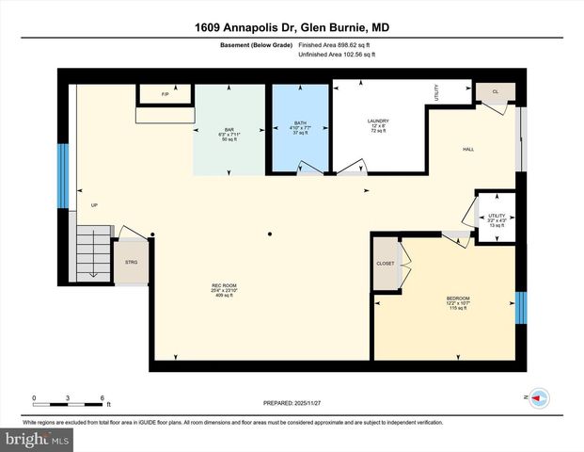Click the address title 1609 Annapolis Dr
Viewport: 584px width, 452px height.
click(x=292, y=27)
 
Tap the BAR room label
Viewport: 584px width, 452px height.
click(x=229, y=129)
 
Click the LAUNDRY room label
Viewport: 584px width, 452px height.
click(x=378, y=122)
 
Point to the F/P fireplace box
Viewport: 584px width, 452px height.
click(x=165, y=94)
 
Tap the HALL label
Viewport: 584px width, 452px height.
click(x=467, y=149)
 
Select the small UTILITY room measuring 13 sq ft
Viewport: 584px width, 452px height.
click(x=495, y=218)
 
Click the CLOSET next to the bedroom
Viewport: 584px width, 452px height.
click(x=386, y=264)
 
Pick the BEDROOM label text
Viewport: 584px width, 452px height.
click(x=458, y=299)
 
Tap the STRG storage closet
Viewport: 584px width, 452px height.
click(x=131, y=263)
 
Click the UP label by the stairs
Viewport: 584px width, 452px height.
click(x=93, y=205)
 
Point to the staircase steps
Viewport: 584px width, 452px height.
click(x=93, y=250)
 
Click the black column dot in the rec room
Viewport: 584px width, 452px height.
click(x=269, y=234)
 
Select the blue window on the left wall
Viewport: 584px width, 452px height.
click(x=63, y=176)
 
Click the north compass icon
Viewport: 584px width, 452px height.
click(x=539, y=398)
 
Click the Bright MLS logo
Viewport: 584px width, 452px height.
click(x=36, y=440)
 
